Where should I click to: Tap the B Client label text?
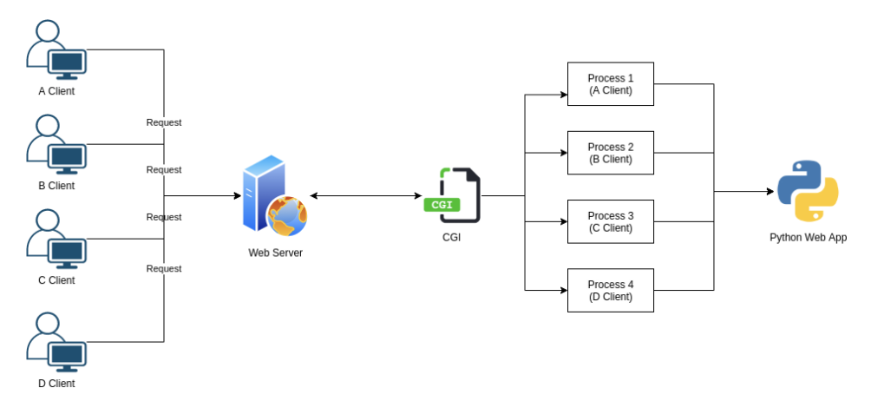(56, 186)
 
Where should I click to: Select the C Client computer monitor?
(68, 252)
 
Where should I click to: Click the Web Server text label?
(276, 253)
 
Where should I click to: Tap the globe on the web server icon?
(287, 215)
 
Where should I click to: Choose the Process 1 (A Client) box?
(610, 84)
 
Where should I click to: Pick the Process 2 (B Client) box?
(610, 153)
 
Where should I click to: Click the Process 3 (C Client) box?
(610, 221)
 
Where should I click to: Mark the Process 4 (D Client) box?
(610, 290)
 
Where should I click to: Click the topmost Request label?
(164, 122)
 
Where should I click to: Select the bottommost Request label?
(164, 268)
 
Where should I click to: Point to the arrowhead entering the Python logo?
(770, 192)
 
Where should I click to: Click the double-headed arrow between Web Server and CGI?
(365, 196)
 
